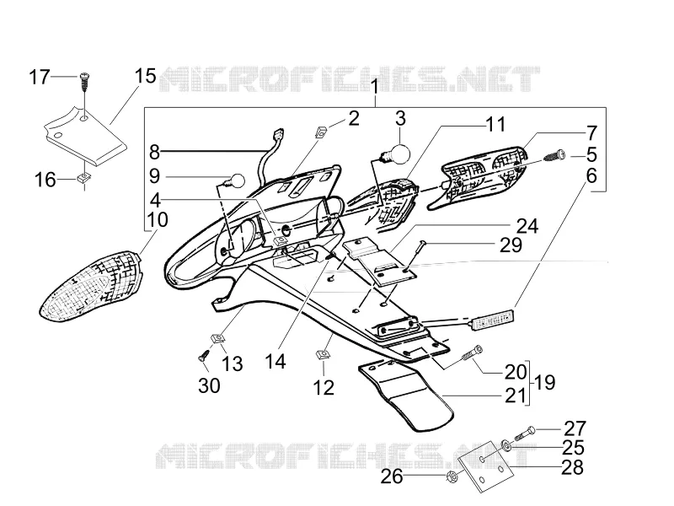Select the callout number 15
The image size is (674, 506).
(145, 76)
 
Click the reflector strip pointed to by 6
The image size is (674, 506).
(494, 320)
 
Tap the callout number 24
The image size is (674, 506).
(527, 225)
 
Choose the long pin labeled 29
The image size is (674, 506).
(415, 257)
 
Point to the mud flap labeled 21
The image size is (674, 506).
(406, 395)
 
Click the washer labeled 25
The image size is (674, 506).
(506, 445)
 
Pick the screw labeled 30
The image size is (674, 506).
(203, 355)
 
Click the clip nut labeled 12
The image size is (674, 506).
(323, 355)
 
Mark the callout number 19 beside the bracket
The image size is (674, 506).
(544, 382)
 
